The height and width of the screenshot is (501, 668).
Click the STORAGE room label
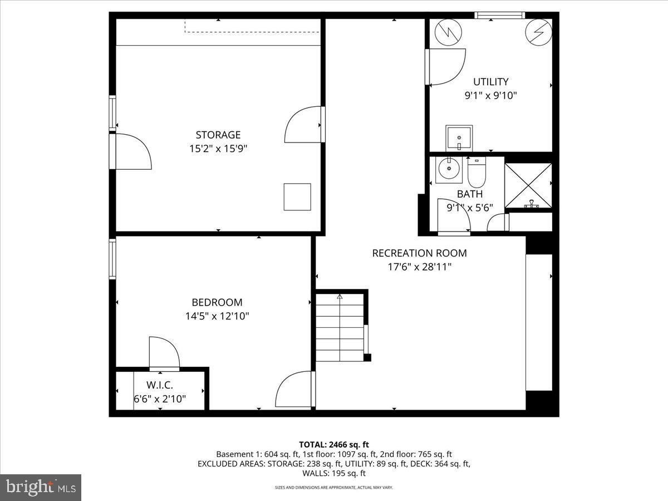(218, 135)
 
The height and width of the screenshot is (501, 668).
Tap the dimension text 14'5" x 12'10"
(217, 316)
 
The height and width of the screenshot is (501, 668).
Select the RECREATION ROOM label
(419, 253)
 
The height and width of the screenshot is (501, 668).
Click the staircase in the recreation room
(340, 328)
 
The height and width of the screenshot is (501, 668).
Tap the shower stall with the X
(528, 185)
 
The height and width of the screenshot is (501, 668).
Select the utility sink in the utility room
(459, 137)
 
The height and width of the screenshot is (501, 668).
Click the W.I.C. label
(160, 385)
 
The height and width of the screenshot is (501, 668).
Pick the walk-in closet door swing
(163, 353)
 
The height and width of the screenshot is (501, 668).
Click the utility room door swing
(446, 67)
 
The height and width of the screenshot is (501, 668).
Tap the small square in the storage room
(297, 197)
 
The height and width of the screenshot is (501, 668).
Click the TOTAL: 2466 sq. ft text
(334, 444)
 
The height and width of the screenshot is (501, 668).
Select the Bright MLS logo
(41, 488)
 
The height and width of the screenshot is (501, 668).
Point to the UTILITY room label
(490, 82)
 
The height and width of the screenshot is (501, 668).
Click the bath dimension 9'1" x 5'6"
(470, 208)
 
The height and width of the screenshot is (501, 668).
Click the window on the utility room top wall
(499, 15)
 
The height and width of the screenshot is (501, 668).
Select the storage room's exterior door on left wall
(131, 151)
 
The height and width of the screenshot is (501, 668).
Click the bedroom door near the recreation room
(295, 389)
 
